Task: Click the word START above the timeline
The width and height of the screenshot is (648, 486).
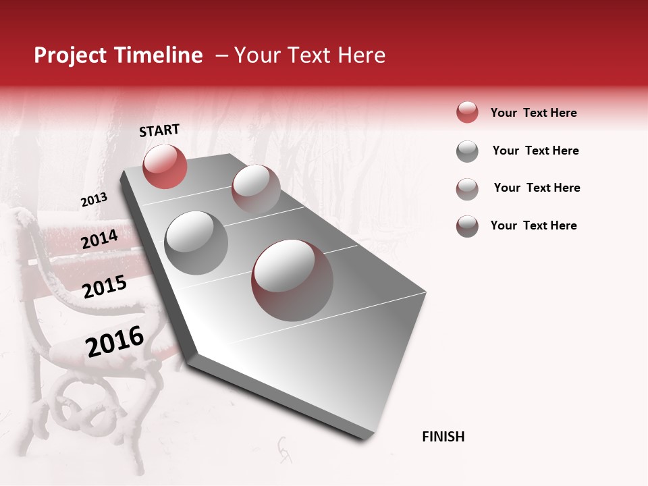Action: pos(159,130)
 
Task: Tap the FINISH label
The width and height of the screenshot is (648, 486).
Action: pos(443,437)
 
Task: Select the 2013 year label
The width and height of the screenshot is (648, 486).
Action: pos(94,200)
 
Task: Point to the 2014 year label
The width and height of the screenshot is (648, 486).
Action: pos(99,239)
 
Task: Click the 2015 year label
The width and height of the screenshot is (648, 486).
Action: pos(105,288)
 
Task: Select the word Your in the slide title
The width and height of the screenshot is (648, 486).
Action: pos(257,55)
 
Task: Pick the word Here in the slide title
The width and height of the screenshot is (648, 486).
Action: pos(361,55)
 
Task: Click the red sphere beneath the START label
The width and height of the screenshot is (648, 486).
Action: pos(165,167)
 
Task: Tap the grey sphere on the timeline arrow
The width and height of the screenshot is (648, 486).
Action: pos(196,242)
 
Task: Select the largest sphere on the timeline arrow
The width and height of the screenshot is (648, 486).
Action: pos(292,280)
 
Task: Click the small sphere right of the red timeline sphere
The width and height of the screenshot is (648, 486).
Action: pos(256,188)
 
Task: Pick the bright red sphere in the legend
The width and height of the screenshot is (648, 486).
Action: pos(467,113)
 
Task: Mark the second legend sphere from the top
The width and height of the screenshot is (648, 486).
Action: pos(467,151)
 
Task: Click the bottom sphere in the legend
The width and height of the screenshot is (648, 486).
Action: pos(467,226)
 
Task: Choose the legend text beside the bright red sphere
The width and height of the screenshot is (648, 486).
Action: pos(533,113)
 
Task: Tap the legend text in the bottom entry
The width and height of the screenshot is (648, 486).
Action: pos(533,225)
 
